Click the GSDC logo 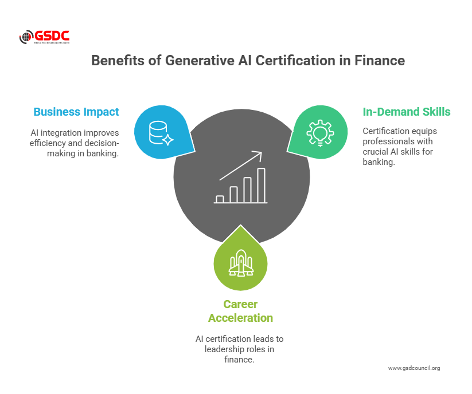[44, 37]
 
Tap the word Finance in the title [379, 60]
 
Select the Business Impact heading [76, 112]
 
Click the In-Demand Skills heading [407, 112]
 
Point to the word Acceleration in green [240, 318]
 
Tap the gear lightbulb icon [320, 133]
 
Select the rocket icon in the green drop [241, 263]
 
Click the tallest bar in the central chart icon [262, 186]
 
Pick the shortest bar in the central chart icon [220, 199]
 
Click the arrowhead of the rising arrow [258, 155]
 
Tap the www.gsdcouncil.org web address [414, 368]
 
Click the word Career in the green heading [240, 304]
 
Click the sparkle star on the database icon [167, 140]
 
